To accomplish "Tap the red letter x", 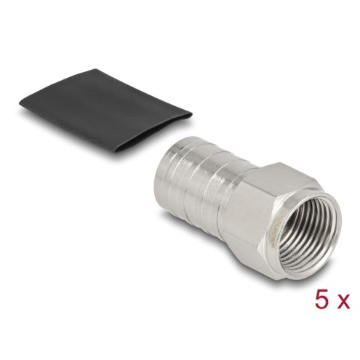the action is tap(344, 302).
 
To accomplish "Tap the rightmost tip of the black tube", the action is tap(192, 113).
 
